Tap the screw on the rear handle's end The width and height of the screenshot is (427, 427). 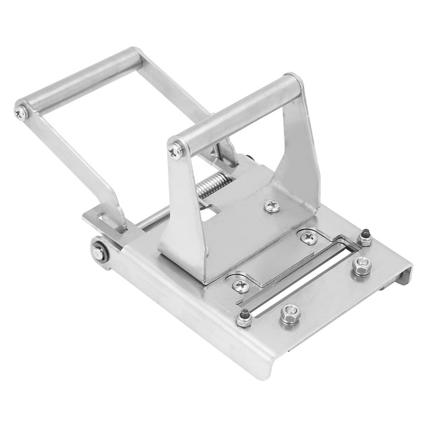tap(22, 112)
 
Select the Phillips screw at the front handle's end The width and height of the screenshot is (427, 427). tap(176, 152)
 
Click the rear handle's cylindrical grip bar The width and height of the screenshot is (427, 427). tap(80, 81)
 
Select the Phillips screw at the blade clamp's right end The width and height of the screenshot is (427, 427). tap(309, 238)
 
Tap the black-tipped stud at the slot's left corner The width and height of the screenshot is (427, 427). tap(244, 318)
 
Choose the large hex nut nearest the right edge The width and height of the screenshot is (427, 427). tap(362, 265)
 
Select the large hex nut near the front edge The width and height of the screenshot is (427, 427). tap(290, 313)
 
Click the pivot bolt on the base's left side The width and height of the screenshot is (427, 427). tap(99, 252)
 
